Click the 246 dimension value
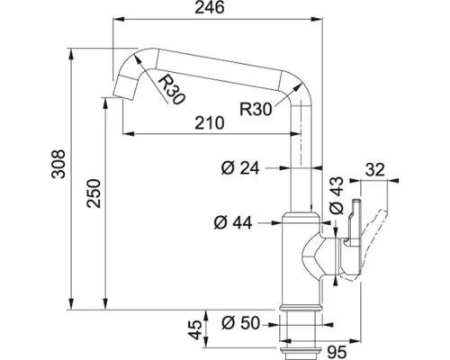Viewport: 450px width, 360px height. pyautogui.click(x=210, y=7)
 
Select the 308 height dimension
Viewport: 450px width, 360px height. pyautogui.click(x=58, y=164)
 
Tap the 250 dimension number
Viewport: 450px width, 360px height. pyautogui.click(x=94, y=193)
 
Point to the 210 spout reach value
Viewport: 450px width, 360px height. pyautogui.click(x=210, y=122)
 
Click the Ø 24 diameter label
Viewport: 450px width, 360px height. pyautogui.click(x=240, y=168)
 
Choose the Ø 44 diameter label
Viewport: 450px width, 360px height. pyautogui.click(x=233, y=222)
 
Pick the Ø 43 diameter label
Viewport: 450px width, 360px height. pyautogui.click(x=337, y=195)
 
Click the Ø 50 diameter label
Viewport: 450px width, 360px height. pyautogui.click(x=240, y=323)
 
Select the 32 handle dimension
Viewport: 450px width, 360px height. pyautogui.click(x=375, y=170)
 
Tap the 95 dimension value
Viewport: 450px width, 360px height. pyautogui.click(x=337, y=352)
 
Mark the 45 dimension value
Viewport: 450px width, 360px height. pyautogui.click(x=196, y=330)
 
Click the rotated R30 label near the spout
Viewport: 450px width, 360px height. pyautogui.click(x=170, y=90)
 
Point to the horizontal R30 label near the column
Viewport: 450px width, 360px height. pyautogui.click(x=256, y=109)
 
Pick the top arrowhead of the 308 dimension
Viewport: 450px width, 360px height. pyautogui.click(x=71, y=54)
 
